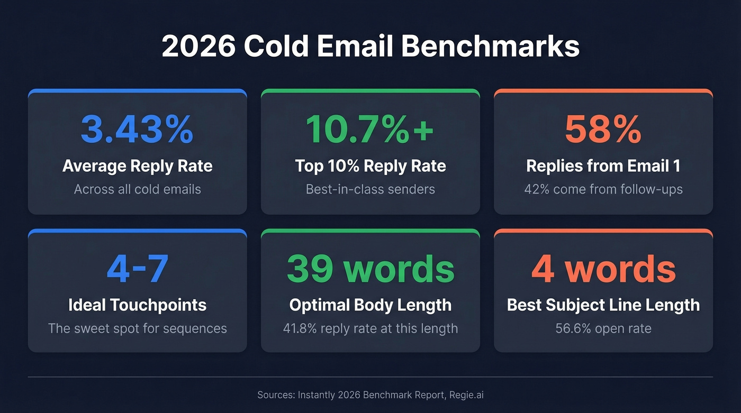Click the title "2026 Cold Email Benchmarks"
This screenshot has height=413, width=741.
[x=370, y=47]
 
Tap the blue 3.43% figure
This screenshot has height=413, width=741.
[x=137, y=130]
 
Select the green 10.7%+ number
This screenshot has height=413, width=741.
[x=370, y=130]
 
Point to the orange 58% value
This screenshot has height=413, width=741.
[x=603, y=130]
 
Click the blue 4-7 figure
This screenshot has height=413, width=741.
[x=137, y=269]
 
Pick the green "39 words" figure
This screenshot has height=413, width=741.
[x=370, y=269]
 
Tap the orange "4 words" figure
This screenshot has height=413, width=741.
[x=603, y=269]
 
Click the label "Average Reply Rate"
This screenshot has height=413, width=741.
[x=137, y=166]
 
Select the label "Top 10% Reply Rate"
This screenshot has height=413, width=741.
[x=370, y=166]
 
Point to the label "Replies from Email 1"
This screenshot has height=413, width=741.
[x=603, y=166]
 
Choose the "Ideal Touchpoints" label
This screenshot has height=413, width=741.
[x=137, y=305]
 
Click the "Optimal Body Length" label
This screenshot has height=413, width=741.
[x=370, y=305]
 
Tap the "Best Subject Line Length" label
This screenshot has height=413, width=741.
[x=603, y=305]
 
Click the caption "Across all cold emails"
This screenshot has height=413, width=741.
[x=137, y=189]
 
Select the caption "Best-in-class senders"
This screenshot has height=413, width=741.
[x=370, y=189]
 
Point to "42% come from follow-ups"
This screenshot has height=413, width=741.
[x=603, y=189]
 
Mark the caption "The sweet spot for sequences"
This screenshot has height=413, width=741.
[x=137, y=328]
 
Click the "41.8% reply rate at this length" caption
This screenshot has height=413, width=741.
[x=370, y=328]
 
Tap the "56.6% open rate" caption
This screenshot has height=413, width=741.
[x=603, y=328]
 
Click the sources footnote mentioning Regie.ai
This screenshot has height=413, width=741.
[x=370, y=394]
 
